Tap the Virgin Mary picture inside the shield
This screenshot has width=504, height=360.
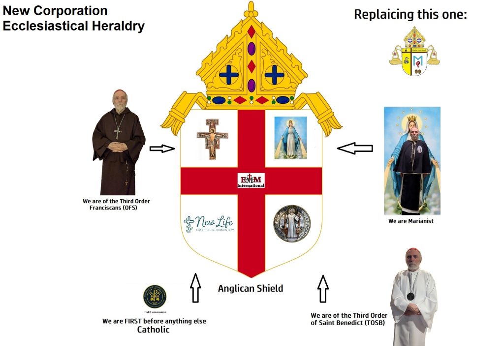point(290,138)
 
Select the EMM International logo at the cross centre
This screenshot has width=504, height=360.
point(251,180)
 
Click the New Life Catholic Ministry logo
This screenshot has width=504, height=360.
point(209,224)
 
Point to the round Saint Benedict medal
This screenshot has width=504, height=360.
point(292,224)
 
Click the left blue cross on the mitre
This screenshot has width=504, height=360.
point(229,75)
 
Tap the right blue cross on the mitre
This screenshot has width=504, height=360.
point(274,75)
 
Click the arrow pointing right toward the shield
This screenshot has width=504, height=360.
point(162,149)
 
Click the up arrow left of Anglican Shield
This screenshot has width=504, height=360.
point(195,288)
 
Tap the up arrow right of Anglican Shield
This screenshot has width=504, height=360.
point(323,289)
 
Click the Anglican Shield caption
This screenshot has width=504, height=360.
point(251,289)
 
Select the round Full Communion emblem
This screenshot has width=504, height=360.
point(155,297)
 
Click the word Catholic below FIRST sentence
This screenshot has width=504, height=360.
point(153,330)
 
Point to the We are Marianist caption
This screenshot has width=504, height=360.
point(410,221)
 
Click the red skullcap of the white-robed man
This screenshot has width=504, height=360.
point(413,251)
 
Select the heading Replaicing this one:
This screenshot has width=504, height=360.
point(410,15)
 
